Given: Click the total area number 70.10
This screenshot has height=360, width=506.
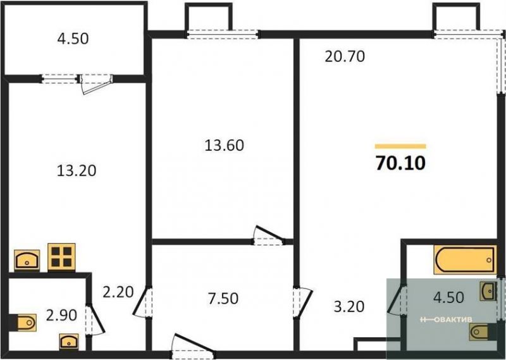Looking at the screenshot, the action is [x=400, y=163].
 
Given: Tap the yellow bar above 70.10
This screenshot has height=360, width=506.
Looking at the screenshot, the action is [x=400, y=146].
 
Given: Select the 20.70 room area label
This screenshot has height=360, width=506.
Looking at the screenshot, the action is [x=345, y=56].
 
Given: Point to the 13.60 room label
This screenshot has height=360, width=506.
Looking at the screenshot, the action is [x=225, y=146].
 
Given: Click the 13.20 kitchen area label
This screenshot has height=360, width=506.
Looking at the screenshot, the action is [x=77, y=170].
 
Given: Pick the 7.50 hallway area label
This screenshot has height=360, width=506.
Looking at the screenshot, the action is [x=223, y=299].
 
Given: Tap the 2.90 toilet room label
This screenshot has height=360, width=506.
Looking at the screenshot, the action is [x=61, y=315].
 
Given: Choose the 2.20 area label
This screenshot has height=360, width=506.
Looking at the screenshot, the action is [x=118, y=292].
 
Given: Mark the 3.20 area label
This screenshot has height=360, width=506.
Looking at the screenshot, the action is [x=349, y=306].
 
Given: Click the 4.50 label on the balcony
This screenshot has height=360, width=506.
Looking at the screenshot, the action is [x=73, y=39].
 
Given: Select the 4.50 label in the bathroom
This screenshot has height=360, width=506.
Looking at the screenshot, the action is [x=449, y=297].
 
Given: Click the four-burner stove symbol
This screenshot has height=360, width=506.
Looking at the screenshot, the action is [x=61, y=257].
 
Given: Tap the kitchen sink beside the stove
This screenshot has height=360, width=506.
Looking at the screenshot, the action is [x=27, y=260].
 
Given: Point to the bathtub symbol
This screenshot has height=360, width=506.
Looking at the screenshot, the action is [x=466, y=259].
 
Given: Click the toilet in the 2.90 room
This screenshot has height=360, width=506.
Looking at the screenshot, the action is [x=23, y=322].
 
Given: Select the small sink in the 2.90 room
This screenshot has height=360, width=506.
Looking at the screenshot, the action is [x=69, y=341].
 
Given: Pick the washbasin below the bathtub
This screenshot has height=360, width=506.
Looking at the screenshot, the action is [x=488, y=290].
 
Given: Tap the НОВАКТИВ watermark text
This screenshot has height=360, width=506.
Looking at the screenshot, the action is [x=447, y=320].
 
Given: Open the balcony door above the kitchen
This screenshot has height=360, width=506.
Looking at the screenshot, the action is [x=96, y=84].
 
